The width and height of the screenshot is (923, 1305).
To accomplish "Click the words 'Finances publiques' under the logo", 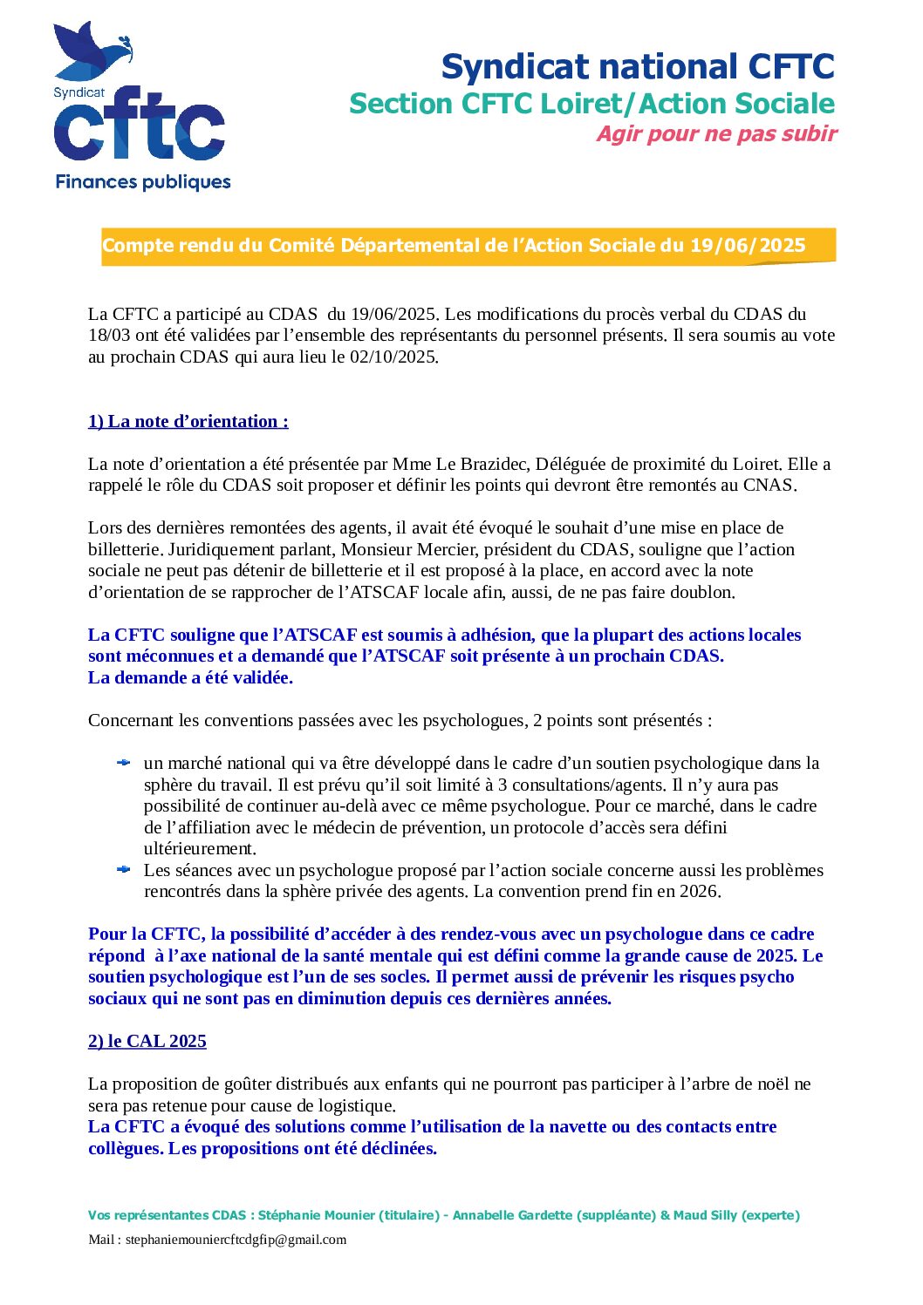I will [x=143, y=182].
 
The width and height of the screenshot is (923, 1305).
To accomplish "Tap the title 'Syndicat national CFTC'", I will [x=638, y=67].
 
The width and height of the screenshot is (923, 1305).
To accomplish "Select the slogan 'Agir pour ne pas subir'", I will [x=716, y=134].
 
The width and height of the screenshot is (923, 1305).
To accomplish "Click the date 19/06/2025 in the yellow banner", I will [x=748, y=246].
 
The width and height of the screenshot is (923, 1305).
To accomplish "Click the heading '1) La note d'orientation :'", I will [x=188, y=421].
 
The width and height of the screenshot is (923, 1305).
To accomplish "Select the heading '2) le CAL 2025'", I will [x=147, y=1041].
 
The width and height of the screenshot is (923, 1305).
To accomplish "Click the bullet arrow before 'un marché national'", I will [x=124, y=763].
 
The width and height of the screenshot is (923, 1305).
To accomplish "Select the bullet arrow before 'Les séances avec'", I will [x=124, y=870].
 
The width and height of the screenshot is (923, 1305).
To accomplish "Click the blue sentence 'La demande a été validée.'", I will [x=190, y=677].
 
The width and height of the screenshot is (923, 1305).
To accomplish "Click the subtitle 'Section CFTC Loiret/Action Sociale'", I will [x=591, y=104].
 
